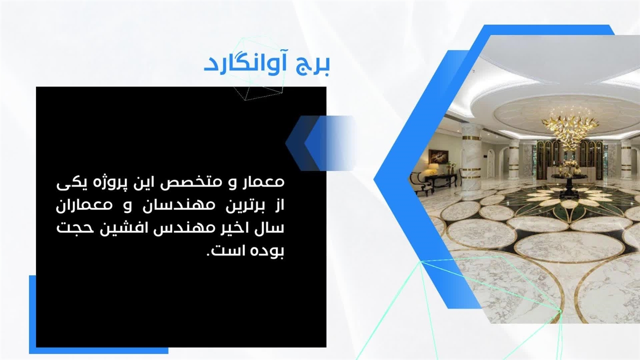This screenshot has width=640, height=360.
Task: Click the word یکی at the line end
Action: coord(67,183)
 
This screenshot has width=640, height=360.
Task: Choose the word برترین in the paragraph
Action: coord(242,206)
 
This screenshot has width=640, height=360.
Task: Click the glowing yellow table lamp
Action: coord(433,168)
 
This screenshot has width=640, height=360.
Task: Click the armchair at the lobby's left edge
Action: coord(419,185)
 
